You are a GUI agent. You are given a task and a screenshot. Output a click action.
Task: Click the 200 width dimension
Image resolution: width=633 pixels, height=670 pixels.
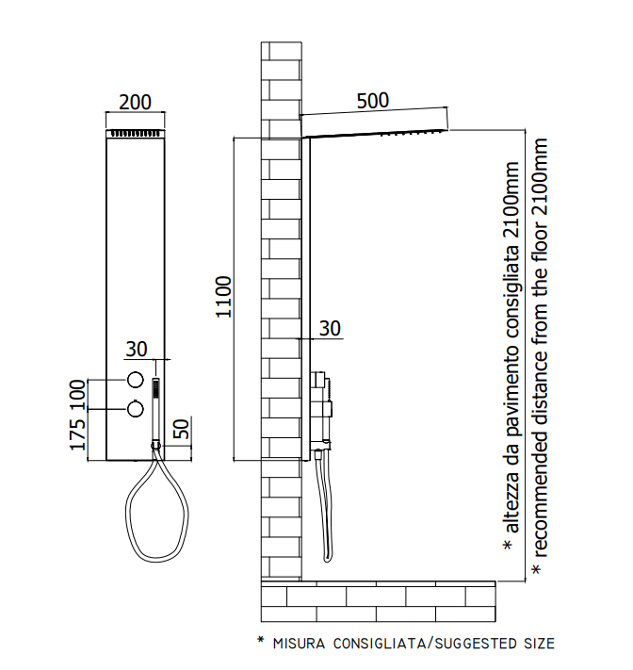(x=135, y=102)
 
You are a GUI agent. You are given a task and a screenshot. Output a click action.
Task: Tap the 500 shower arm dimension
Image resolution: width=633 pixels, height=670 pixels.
(x=373, y=101)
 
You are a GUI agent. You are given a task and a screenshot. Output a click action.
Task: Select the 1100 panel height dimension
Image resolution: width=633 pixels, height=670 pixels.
(x=223, y=297)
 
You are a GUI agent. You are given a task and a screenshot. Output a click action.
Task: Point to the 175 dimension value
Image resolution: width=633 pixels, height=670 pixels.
(x=78, y=434)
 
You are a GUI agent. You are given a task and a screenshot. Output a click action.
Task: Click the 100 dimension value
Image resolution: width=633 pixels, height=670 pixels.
(x=78, y=394)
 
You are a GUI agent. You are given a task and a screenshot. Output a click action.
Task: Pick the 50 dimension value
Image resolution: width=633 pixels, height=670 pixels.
(x=181, y=429)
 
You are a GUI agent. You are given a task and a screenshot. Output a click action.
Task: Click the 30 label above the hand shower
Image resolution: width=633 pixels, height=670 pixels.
(x=137, y=349)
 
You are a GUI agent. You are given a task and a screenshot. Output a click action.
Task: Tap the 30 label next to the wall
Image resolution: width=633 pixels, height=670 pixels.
(x=331, y=329)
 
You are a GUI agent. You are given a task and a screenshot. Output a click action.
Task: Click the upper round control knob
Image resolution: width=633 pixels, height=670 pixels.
(x=135, y=380)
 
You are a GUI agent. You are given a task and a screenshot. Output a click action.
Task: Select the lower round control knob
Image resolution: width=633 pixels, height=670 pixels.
(x=135, y=409)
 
